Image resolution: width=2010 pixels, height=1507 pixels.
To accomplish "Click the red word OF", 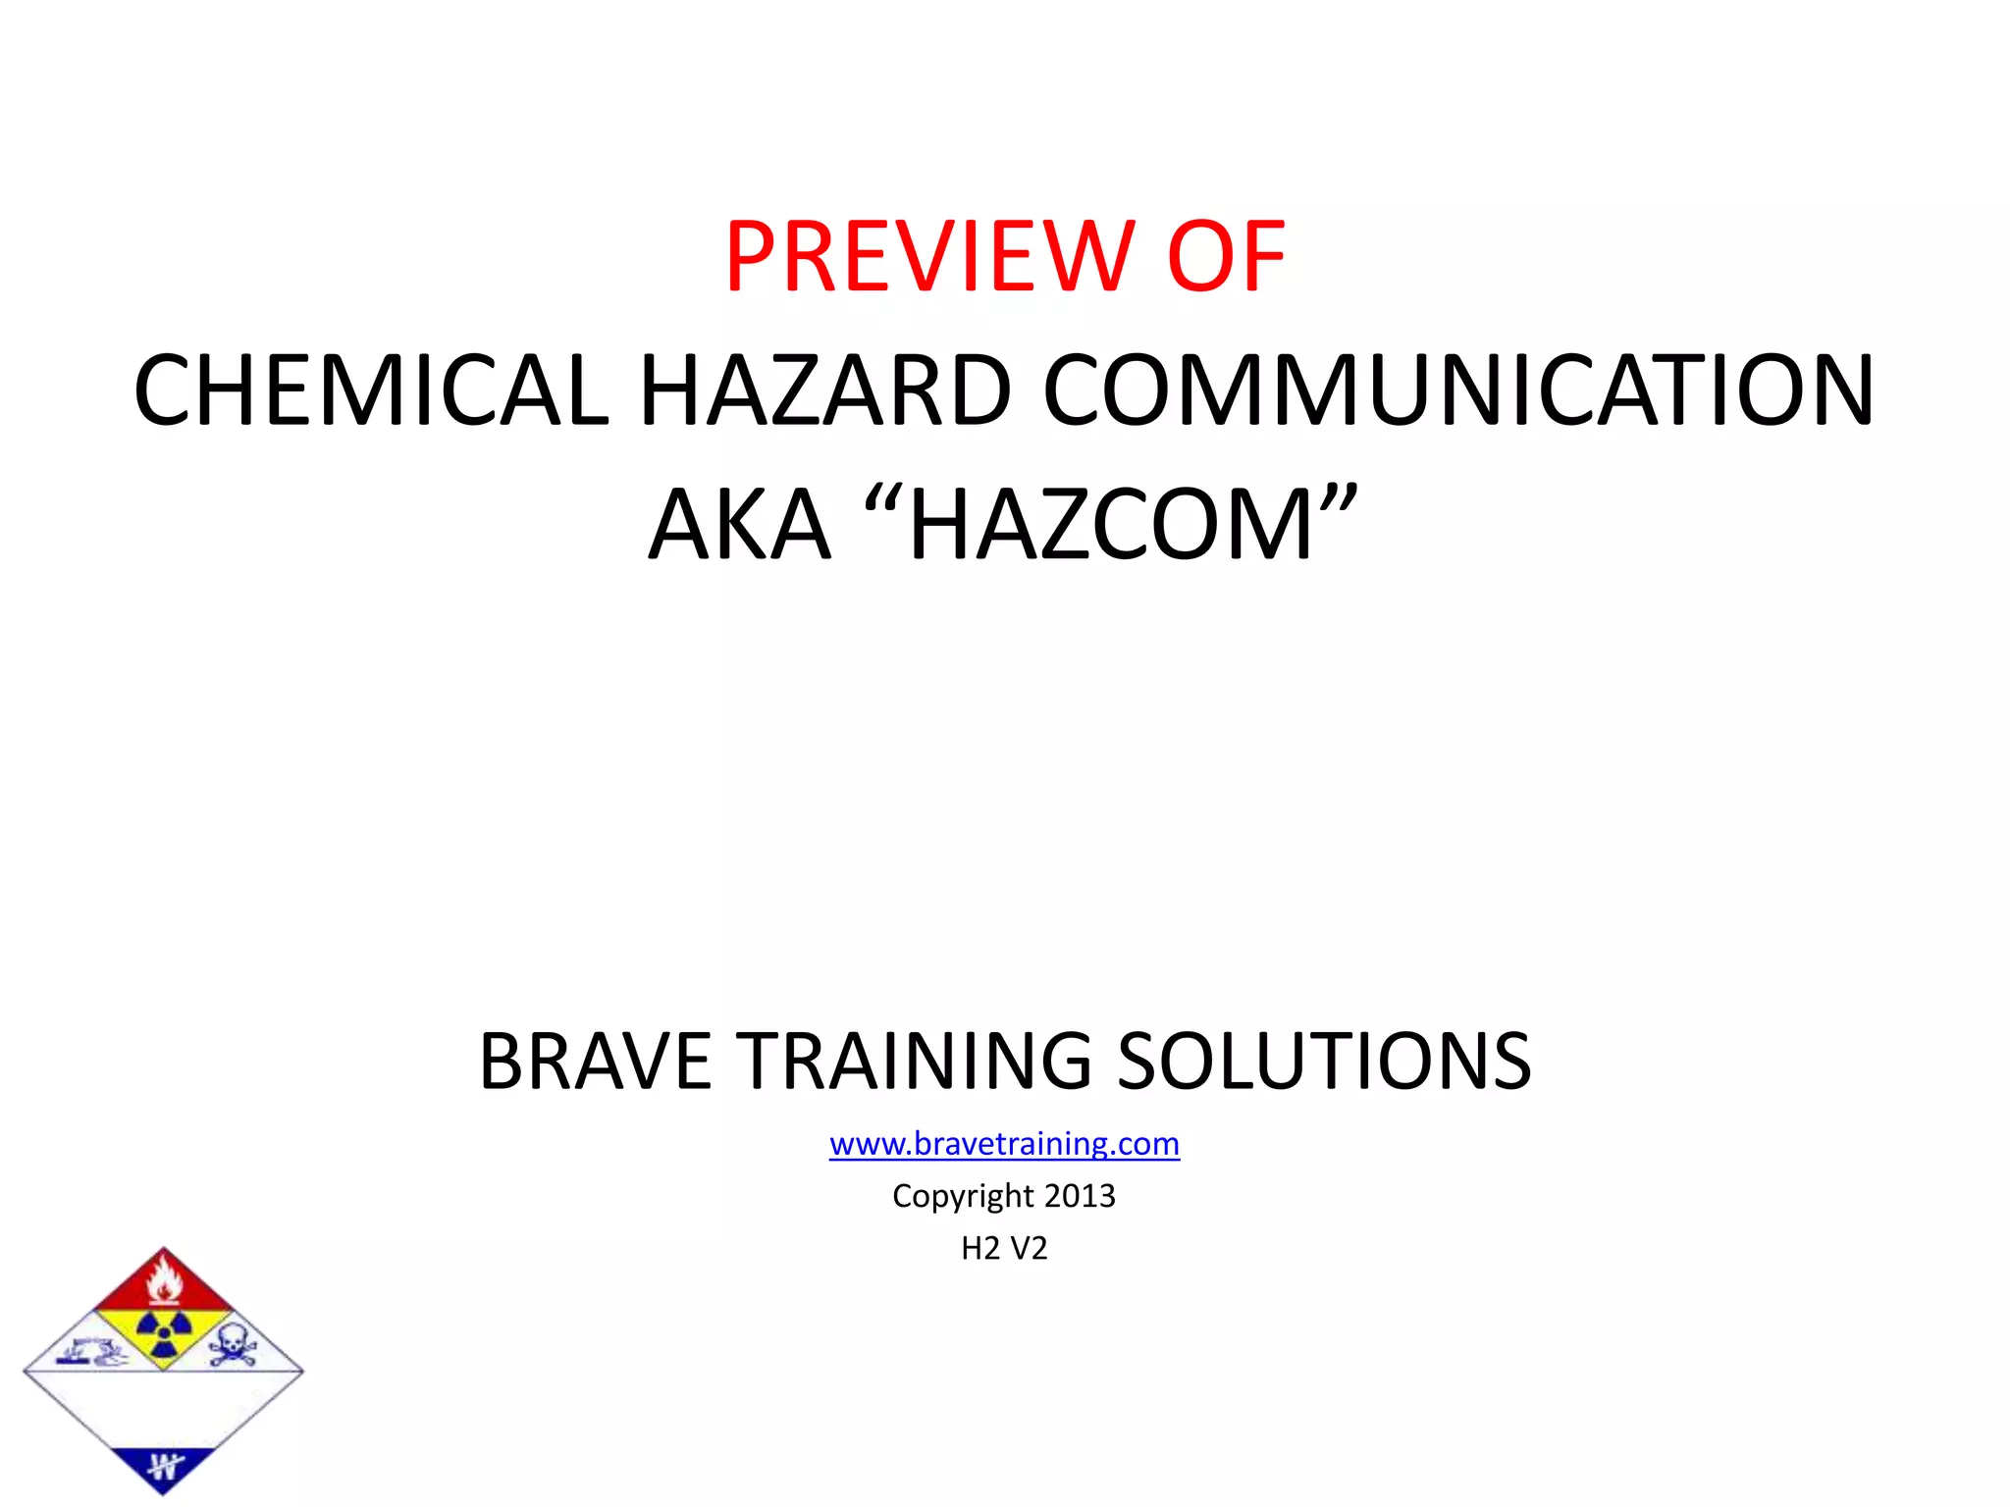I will [1226, 257].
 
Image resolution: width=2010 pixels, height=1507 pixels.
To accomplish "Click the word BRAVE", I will [595, 1062].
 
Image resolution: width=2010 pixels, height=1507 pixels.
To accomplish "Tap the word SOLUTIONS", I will [1324, 1062].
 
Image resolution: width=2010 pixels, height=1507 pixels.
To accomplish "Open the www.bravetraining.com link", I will [1004, 1144].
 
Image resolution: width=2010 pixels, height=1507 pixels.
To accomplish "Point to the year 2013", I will [1080, 1196].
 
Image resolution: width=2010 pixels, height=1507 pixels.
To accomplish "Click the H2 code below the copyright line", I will [980, 1248].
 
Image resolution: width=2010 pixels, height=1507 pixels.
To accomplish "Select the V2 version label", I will [1029, 1248].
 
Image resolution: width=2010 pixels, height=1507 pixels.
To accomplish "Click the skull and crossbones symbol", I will [233, 1344].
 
